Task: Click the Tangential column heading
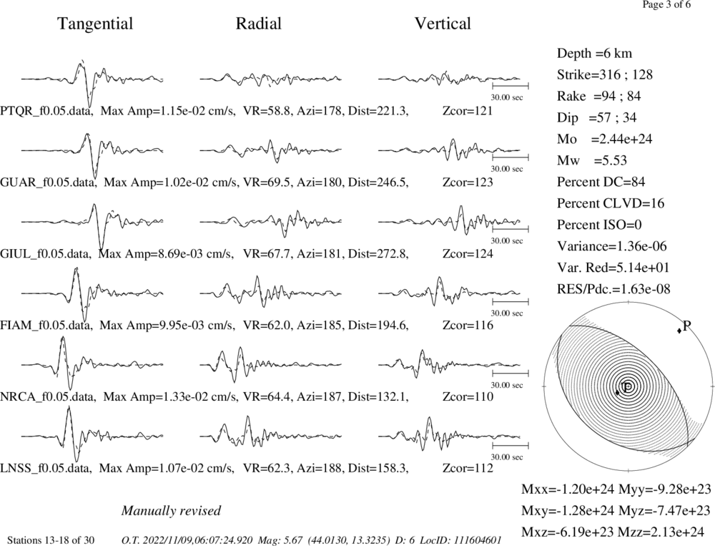pos(95,24)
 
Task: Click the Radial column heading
pos(259,24)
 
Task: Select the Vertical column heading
pos(443,24)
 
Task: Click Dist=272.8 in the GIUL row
pos(378,254)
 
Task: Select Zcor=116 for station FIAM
pos(468,325)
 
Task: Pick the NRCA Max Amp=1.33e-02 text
pos(169,396)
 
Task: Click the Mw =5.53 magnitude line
pos(592,161)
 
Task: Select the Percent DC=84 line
pos(601,182)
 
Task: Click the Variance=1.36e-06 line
pos(612,246)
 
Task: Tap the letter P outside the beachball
pos(686,326)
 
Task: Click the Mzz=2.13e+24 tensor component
pos(664,532)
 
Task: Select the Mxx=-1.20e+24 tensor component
pos(568,489)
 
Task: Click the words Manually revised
pos(171,511)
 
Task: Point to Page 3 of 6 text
pos(666,5)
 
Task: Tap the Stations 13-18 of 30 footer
pos(51,540)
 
